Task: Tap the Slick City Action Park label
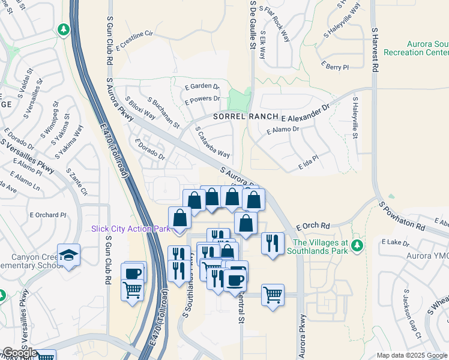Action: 130,229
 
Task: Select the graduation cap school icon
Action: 70,254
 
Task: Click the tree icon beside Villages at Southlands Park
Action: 358,245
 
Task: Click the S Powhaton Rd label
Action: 402,216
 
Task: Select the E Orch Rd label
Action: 313,226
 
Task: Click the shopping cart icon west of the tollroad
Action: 133,290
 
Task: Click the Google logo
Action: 20,353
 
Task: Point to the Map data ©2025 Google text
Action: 412,355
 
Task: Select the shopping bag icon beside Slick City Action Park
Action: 180,219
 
